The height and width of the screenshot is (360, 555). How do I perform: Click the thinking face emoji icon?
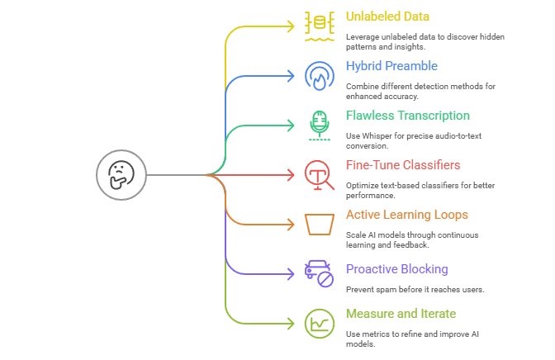coord(121,175)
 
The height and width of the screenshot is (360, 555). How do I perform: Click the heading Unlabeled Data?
coord(387,17)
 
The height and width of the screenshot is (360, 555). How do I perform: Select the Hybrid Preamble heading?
coord(391,66)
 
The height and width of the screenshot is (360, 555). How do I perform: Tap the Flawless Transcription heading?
coord(408,116)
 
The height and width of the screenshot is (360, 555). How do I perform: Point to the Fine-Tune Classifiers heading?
coord(403,165)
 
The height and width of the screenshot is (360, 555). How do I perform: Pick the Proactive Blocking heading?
coord(396,269)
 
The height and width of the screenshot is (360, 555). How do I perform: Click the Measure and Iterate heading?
coord(401,314)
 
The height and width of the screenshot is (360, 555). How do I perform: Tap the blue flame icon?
coord(319,76)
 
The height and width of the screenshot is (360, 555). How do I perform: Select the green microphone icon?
coord(319,125)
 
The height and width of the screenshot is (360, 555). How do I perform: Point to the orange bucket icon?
coord(319,225)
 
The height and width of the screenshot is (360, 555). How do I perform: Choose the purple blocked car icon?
coord(319,273)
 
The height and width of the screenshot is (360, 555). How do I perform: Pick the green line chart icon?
coord(319,323)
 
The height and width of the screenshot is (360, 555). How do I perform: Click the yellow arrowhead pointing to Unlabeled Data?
coord(290,26)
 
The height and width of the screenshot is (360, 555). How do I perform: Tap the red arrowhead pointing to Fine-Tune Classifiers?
coord(290,175)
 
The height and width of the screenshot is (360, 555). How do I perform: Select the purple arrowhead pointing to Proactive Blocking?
coord(290,273)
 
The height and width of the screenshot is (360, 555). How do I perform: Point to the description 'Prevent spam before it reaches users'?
coord(415,289)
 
